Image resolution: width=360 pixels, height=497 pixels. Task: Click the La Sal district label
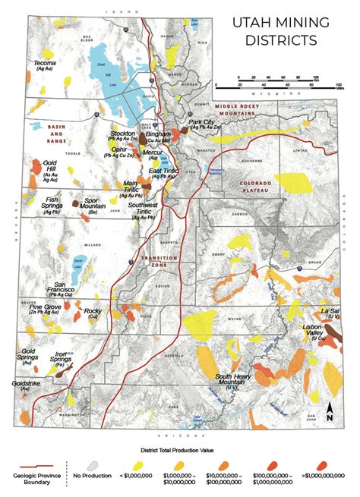click(x=329, y=311)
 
